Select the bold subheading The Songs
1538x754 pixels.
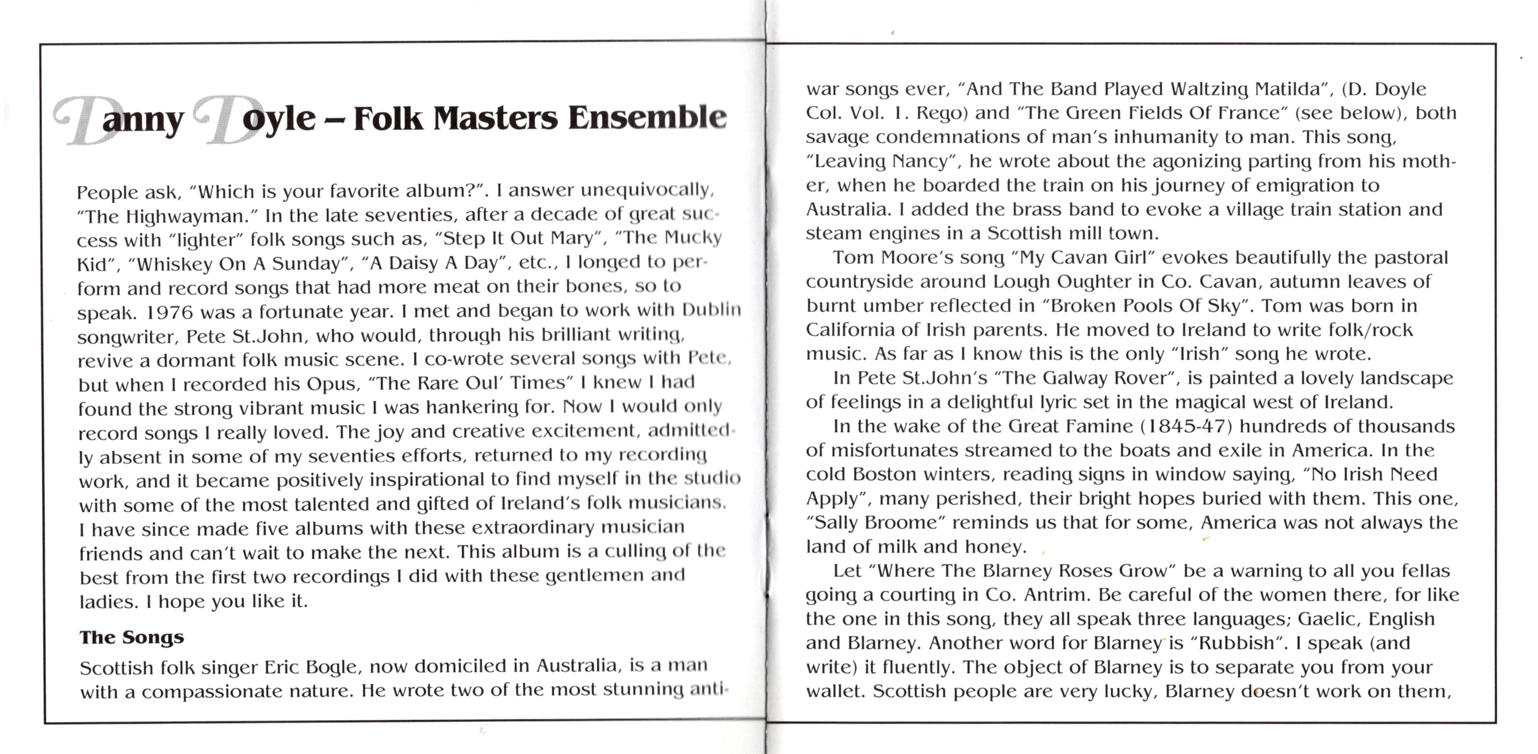[x=131, y=637]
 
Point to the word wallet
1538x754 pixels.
[x=834, y=691]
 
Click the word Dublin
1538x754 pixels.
[x=711, y=309]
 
